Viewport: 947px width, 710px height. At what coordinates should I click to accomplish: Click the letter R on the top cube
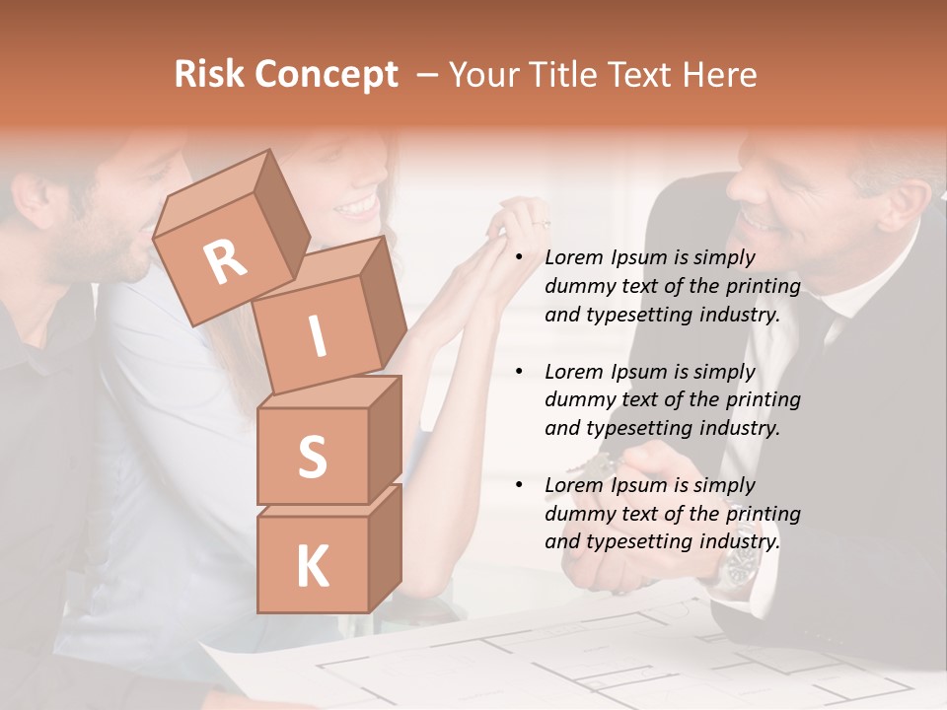point(225,262)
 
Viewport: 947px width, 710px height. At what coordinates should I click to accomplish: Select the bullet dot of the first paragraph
point(520,257)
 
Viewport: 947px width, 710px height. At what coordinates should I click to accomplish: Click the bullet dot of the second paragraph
point(520,372)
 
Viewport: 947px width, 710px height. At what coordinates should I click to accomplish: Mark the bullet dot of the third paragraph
point(520,485)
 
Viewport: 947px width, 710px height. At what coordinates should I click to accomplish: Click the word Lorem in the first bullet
point(573,257)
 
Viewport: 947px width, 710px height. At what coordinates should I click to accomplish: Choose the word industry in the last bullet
point(740,541)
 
